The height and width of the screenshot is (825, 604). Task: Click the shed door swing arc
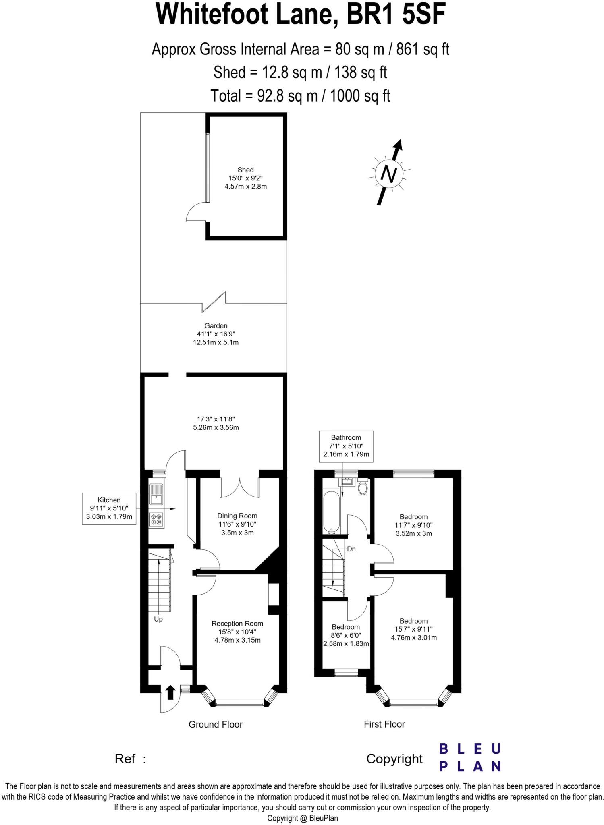pyautogui.click(x=196, y=212)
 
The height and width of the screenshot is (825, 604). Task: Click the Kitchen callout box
pyautogui.click(x=109, y=508)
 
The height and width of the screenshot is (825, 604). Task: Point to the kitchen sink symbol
pyautogui.click(x=156, y=494)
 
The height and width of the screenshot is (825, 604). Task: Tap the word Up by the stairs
pyautogui.click(x=158, y=619)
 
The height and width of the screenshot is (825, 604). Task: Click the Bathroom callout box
pyautogui.click(x=346, y=446)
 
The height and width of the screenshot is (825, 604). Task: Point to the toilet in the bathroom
pyautogui.click(x=363, y=487)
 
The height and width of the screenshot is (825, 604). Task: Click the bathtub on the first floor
pyautogui.click(x=332, y=512)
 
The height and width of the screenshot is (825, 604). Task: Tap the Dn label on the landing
pyautogui.click(x=351, y=549)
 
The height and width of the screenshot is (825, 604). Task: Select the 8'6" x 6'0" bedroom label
pyautogui.click(x=346, y=635)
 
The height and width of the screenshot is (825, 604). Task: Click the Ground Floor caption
pyautogui.click(x=216, y=724)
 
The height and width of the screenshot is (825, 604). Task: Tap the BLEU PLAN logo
pyautogui.click(x=469, y=757)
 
